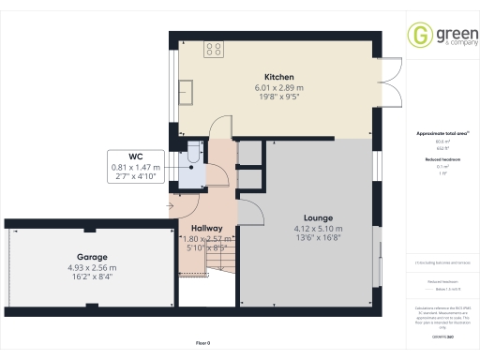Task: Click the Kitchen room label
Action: tap(279, 77)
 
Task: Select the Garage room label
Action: tap(92, 256)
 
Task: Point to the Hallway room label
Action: tap(206, 228)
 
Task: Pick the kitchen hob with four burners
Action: tap(214, 48)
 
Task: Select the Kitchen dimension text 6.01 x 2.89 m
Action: tap(279, 87)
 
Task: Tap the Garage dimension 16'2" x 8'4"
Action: tap(92, 277)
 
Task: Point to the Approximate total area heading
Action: tap(439, 134)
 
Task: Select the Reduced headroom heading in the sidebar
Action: tap(439, 159)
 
